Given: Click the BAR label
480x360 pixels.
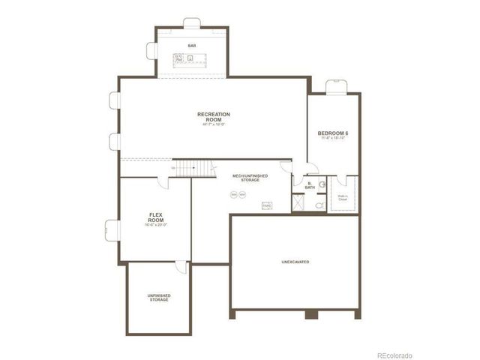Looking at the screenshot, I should tap(192, 45).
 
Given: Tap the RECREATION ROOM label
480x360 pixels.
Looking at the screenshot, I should tap(214, 116).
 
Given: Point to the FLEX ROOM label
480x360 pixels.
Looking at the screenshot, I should tap(156, 216).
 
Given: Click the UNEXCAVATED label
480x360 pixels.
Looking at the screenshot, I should tap(295, 262).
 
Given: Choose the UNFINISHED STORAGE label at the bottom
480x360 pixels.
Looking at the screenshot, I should tap(158, 297).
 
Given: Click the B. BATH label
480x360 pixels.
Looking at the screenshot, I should tap(310, 185).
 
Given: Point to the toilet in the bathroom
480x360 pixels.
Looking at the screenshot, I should tap(319, 203).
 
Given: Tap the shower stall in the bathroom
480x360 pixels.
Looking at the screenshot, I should tap(298, 202).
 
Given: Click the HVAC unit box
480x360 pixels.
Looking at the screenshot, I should tap(266, 205).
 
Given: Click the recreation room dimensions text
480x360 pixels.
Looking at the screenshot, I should tap(214, 124).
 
